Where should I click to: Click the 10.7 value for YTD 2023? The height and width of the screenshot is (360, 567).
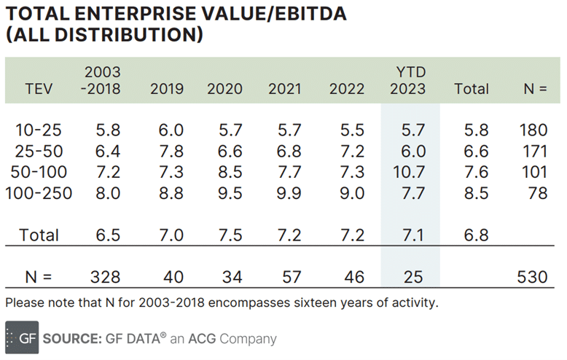[x=409, y=173]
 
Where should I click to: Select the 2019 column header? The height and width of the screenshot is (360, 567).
[x=167, y=89]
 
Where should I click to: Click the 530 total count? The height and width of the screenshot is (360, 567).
[x=531, y=278]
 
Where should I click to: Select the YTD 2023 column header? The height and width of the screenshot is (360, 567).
[x=409, y=81]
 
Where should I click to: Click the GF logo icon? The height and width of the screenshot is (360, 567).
[x=22, y=338]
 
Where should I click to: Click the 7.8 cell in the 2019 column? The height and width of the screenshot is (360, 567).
[x=167, y=152]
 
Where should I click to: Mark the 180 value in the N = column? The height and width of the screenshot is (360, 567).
[x=533, y=130]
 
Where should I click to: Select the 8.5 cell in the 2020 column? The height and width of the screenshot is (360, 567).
[x=225, y=173]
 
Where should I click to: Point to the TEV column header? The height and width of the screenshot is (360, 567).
[x=39, y=89]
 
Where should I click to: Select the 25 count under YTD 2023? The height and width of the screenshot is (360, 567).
[x=409, y=278]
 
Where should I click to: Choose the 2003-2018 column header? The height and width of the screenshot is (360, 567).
[x=103, y=81]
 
